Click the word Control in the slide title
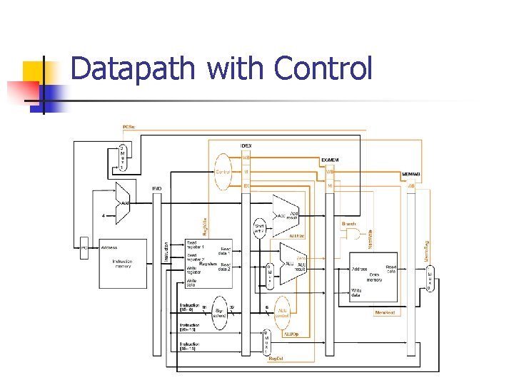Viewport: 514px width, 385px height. click(x=323, y=69)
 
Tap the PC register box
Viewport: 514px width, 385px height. click(x=84, y=247)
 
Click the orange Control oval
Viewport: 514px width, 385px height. click(x=223, y=172)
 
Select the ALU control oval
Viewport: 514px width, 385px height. click(x=283, y=308)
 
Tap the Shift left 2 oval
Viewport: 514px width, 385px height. click(x=260, y=229)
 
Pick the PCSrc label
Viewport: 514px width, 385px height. click(x=128, y=126)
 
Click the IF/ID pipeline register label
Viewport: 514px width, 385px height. click(x=156, y=188)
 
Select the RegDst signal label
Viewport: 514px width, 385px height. click(x=276, y=358)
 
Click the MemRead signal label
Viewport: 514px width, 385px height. click(x=385, y=312)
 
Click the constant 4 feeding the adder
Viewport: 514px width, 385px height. click(x=104, y=215)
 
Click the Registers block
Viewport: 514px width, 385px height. click(x=208, y=264)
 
